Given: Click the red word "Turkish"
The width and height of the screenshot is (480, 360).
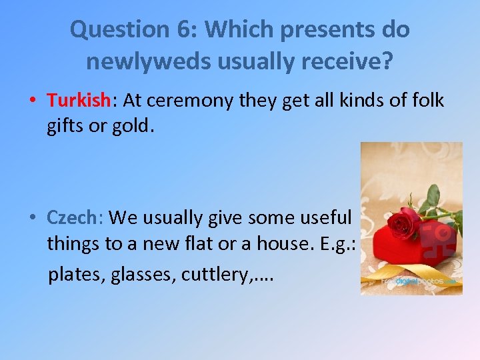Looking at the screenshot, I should pos(77,100).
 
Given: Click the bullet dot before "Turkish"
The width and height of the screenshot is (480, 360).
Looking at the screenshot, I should pos(32,101).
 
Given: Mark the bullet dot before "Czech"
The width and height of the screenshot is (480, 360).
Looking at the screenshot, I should pos(32,218).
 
